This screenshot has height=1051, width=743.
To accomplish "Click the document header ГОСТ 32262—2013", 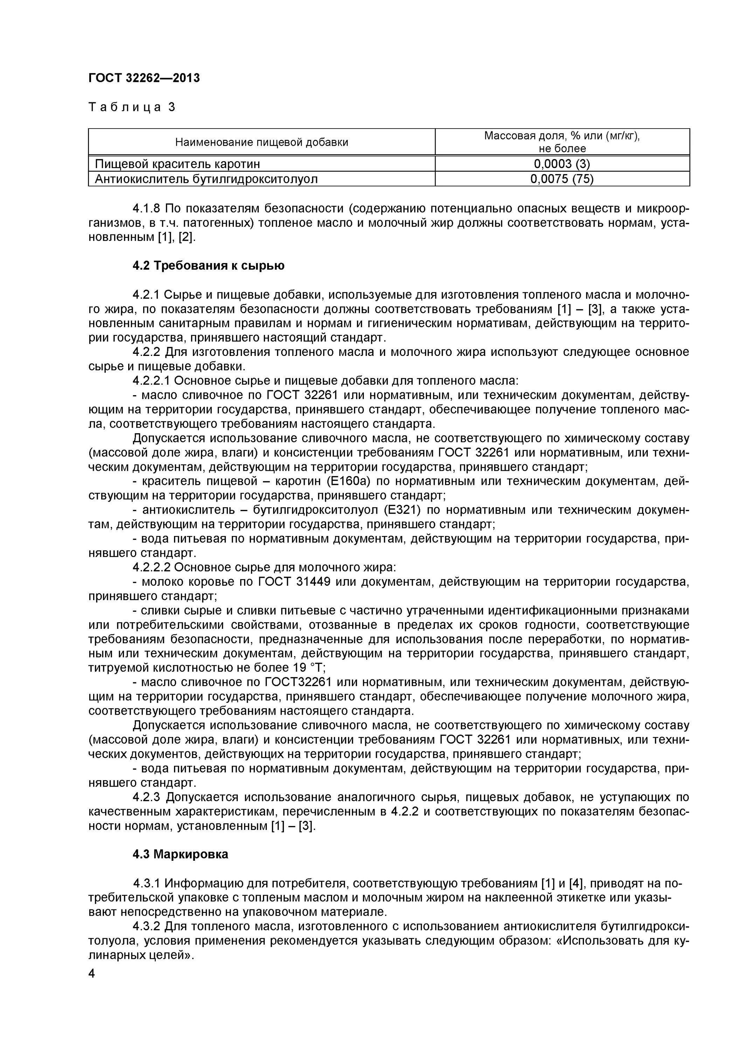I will pos(144,78).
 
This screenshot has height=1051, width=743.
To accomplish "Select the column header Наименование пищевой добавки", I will pos(261,142).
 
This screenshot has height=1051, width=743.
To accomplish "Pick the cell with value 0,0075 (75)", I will pos(562,179).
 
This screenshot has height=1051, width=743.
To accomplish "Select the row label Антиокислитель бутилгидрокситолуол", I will pos(206,179).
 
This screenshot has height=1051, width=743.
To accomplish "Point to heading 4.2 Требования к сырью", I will pos(208,266).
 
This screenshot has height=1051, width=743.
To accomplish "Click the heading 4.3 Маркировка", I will pos(180,854).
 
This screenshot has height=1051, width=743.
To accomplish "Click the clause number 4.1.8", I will pos(146,208).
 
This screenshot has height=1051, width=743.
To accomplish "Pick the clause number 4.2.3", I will pos(146,797).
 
